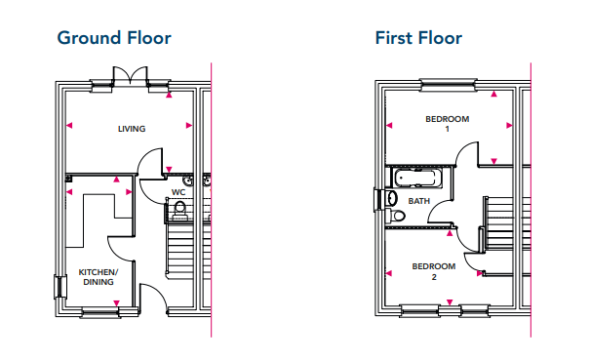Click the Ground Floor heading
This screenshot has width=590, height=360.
click(114, 38)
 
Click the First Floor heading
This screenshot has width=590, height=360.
click(418, 38)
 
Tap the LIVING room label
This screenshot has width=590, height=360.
click(132, 129)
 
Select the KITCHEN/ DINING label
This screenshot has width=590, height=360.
click(98, 277)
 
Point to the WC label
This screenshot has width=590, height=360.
click(178, 192)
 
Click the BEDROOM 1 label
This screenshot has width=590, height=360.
click(447, 124)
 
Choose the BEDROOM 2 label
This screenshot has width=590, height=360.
click(434, 271)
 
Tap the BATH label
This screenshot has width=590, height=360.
click(418, 201)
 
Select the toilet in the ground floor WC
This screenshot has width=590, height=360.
click(179, 210)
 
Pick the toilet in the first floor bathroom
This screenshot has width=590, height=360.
click(395, 216)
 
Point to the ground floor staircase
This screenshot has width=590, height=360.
click(180, 250)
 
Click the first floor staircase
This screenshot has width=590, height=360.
click(499, 223)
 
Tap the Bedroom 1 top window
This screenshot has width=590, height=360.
click(448, 85)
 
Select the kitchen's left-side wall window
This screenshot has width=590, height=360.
click(60, 287)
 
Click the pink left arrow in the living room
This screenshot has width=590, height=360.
click(69, 126)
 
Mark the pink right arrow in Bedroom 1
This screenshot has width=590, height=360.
click(509, 126)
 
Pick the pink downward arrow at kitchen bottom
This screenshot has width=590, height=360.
click(116, 303)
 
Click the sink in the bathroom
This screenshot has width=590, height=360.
click(391, 198)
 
